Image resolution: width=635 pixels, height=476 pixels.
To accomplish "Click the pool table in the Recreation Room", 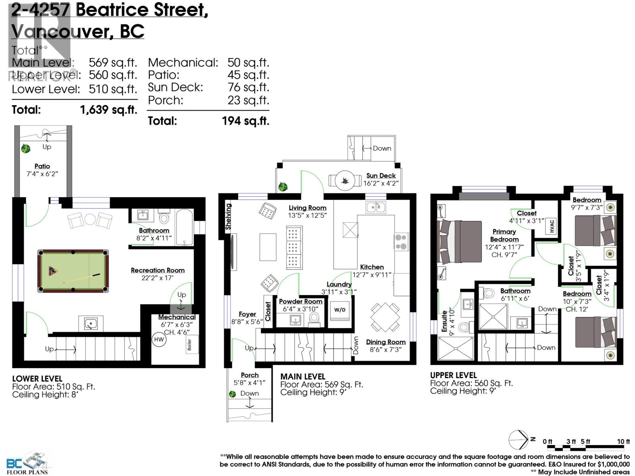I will (73, 271).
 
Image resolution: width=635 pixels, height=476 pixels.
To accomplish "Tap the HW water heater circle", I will (159, 340).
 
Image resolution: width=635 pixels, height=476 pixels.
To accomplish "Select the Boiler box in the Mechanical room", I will (190, 345).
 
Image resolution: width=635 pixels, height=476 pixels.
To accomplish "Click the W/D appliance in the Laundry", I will (340, 310).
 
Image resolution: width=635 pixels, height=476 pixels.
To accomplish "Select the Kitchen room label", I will (372, 267).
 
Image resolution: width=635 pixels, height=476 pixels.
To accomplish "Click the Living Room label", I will (307, 207).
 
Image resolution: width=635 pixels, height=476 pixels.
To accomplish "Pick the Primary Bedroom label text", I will (504, 235).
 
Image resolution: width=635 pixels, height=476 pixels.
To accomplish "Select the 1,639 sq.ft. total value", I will (108, 109).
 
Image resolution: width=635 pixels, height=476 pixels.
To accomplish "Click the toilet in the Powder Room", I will (314, 318).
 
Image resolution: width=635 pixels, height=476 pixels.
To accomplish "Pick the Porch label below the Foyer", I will (250, 375).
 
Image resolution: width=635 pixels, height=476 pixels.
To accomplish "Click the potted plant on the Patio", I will (26, 149).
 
